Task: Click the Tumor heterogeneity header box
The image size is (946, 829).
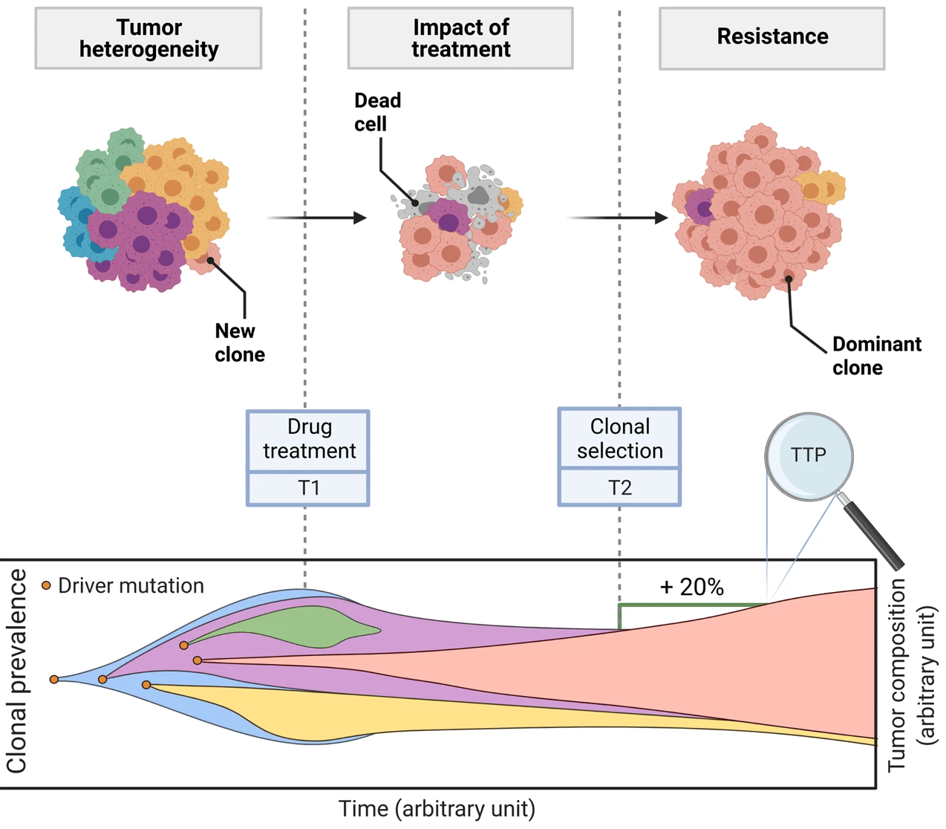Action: click(x=149, y=39)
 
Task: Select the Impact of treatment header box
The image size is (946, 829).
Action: click(x=460, y=39)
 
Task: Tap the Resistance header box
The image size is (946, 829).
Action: click(x=772, y=39)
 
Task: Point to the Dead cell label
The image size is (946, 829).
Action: click(x=377, y=112)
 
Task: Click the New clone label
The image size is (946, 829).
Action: click(x=239, y=342)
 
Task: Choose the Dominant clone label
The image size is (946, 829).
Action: click(x=876, y=356)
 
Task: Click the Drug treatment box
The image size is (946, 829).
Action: click(x=308, y=440)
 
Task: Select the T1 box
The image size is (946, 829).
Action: click(x=308, y=488)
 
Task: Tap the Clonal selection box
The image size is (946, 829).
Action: click(x=619, y=438)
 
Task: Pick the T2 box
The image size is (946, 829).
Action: click(x=619, y=488)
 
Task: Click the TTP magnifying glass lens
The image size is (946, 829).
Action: click(x=809, y=455)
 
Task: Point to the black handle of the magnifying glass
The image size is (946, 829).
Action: click(x=875, y=534)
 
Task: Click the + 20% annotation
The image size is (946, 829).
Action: click(x=691, y=588)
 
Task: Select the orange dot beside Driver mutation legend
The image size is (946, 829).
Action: click(x=46, y=585)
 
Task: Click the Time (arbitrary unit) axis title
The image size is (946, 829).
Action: click(x=437, y=809)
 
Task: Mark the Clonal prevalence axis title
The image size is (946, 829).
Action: click(x=16, y=672)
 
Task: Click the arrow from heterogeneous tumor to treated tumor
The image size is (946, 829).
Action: click(x=316, y=218)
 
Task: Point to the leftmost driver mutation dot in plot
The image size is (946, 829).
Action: click(x=54, y=679)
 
